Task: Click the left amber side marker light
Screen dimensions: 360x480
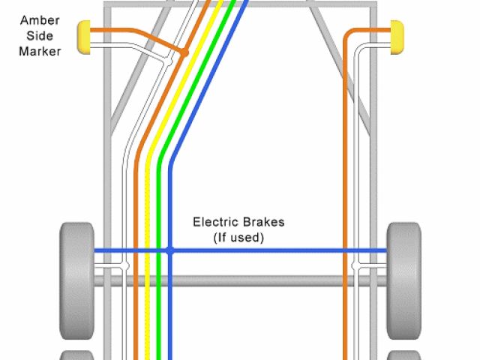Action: (84, 38)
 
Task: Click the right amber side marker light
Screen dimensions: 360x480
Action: (397, 38)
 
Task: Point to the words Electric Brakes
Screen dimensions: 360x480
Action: (238, 222)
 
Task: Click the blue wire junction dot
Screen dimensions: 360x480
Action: (170, 250)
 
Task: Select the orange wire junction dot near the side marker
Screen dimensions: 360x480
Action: (183, 52)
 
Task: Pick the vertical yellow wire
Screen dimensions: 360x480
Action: (148, 300)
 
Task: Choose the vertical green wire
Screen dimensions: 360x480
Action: (159, 300)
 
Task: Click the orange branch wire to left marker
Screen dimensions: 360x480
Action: (135, 34)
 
